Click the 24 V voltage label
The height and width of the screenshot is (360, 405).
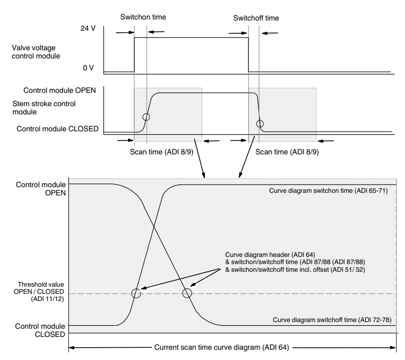pos(88,28)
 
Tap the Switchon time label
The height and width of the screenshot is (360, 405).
pos(143,17)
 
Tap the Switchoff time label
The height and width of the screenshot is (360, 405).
pos(256,18)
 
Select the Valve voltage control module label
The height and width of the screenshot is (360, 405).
pos(36,52)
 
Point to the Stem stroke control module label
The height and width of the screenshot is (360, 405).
pos(44,108)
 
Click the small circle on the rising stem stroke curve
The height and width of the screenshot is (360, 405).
pos(147,117)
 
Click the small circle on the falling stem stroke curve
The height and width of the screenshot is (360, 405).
pos(260,123)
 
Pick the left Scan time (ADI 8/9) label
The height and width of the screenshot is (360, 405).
pos(160,152)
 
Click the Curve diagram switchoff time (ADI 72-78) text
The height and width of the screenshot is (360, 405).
pos(332,319)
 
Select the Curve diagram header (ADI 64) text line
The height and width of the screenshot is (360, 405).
pos(270,254)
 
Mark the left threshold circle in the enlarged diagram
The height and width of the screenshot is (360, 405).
pos(136,293)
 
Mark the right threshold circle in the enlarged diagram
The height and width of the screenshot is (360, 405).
pos(187,293)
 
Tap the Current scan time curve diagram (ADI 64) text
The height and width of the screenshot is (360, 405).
pos(221,348)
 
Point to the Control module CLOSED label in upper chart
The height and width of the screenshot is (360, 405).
pos(57,129)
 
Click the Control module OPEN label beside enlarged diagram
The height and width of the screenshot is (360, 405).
pos(41,188)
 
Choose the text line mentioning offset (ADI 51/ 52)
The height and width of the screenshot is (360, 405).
pos(295,270)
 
